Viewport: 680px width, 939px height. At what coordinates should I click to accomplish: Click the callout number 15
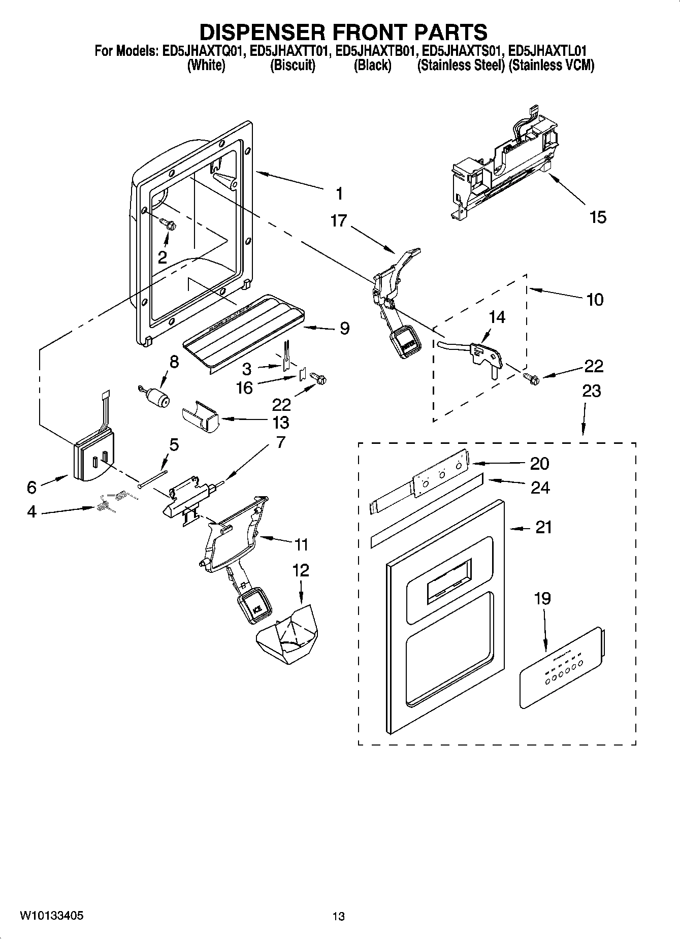(x=598, y=217)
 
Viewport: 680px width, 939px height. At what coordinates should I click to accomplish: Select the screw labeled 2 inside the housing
(x=167, y=223)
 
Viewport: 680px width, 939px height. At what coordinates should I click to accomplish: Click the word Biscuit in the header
(x=293, y=66)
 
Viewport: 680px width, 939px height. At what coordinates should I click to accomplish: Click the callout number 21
(x=543, y=528)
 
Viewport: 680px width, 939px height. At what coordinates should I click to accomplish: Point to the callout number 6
(x=31, y=488)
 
